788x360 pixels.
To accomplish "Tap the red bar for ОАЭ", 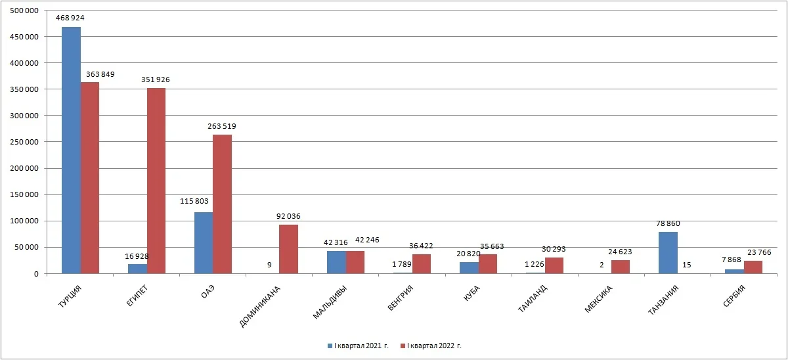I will [x=223, y=204].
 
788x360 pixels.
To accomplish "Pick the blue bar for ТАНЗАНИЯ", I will [x=668, y=252].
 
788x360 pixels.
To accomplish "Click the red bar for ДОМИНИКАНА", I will [x=289, y=249].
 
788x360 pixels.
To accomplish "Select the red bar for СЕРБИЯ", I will [x=753, y=267].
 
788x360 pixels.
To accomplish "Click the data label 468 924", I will [x=71, y=18].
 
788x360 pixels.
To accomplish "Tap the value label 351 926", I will [x=156, y=79].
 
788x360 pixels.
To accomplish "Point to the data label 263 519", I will [x=222, y=126].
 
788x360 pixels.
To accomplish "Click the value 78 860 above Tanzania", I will [x=668, y=223].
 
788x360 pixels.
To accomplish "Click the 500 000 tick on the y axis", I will [x=25, y=11].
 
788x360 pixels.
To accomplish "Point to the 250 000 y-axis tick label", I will [x=25, y=142].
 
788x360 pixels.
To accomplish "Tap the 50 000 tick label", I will [x=27, y=247].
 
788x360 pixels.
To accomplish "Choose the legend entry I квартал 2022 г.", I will [x=433, y=346].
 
